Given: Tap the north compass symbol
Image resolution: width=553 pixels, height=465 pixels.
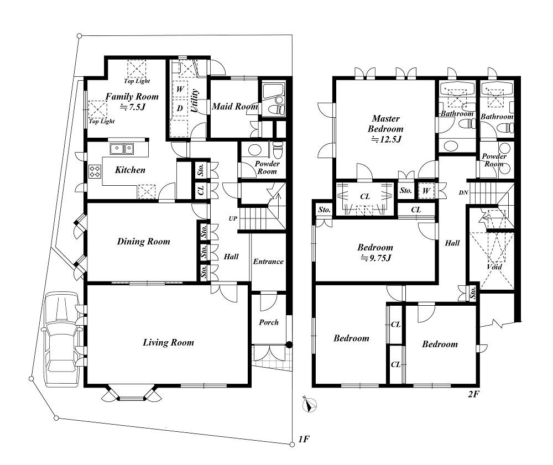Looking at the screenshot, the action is click(310, 405).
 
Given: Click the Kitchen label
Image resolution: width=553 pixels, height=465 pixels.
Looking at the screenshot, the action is click(130, 170).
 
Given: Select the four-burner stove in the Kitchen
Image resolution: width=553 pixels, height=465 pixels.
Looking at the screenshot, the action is click(95, 172).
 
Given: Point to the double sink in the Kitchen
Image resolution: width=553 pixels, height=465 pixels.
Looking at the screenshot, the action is click(122, 149).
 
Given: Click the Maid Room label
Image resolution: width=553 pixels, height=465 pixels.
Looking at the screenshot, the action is click(235, 106).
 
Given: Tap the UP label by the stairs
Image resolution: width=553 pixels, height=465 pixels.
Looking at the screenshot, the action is click(233, 218).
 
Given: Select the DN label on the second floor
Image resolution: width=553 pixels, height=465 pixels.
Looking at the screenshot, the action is click(464, 192).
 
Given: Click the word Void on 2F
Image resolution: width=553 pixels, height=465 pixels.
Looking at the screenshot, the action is click(494, 267).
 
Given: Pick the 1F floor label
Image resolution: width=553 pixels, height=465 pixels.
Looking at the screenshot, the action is click(304, 439).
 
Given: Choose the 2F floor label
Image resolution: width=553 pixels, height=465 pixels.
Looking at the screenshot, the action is click(474, 394).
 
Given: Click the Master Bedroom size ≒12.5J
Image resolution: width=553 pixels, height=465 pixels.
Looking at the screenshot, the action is click(386, 139).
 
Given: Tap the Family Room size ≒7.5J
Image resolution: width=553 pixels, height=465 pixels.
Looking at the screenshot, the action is click(133, 107).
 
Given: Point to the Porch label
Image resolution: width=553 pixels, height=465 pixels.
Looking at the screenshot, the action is click(269, 322).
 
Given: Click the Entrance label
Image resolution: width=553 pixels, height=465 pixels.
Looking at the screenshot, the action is click(268, 261).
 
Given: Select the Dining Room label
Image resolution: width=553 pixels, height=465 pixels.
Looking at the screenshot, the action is click(144, 242).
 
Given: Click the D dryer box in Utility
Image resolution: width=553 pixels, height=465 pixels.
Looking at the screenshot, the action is click(180, 108).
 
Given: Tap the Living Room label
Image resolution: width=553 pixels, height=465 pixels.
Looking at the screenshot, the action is click(168, 342).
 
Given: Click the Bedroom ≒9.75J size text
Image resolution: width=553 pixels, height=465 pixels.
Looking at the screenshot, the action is click(375, 258).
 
